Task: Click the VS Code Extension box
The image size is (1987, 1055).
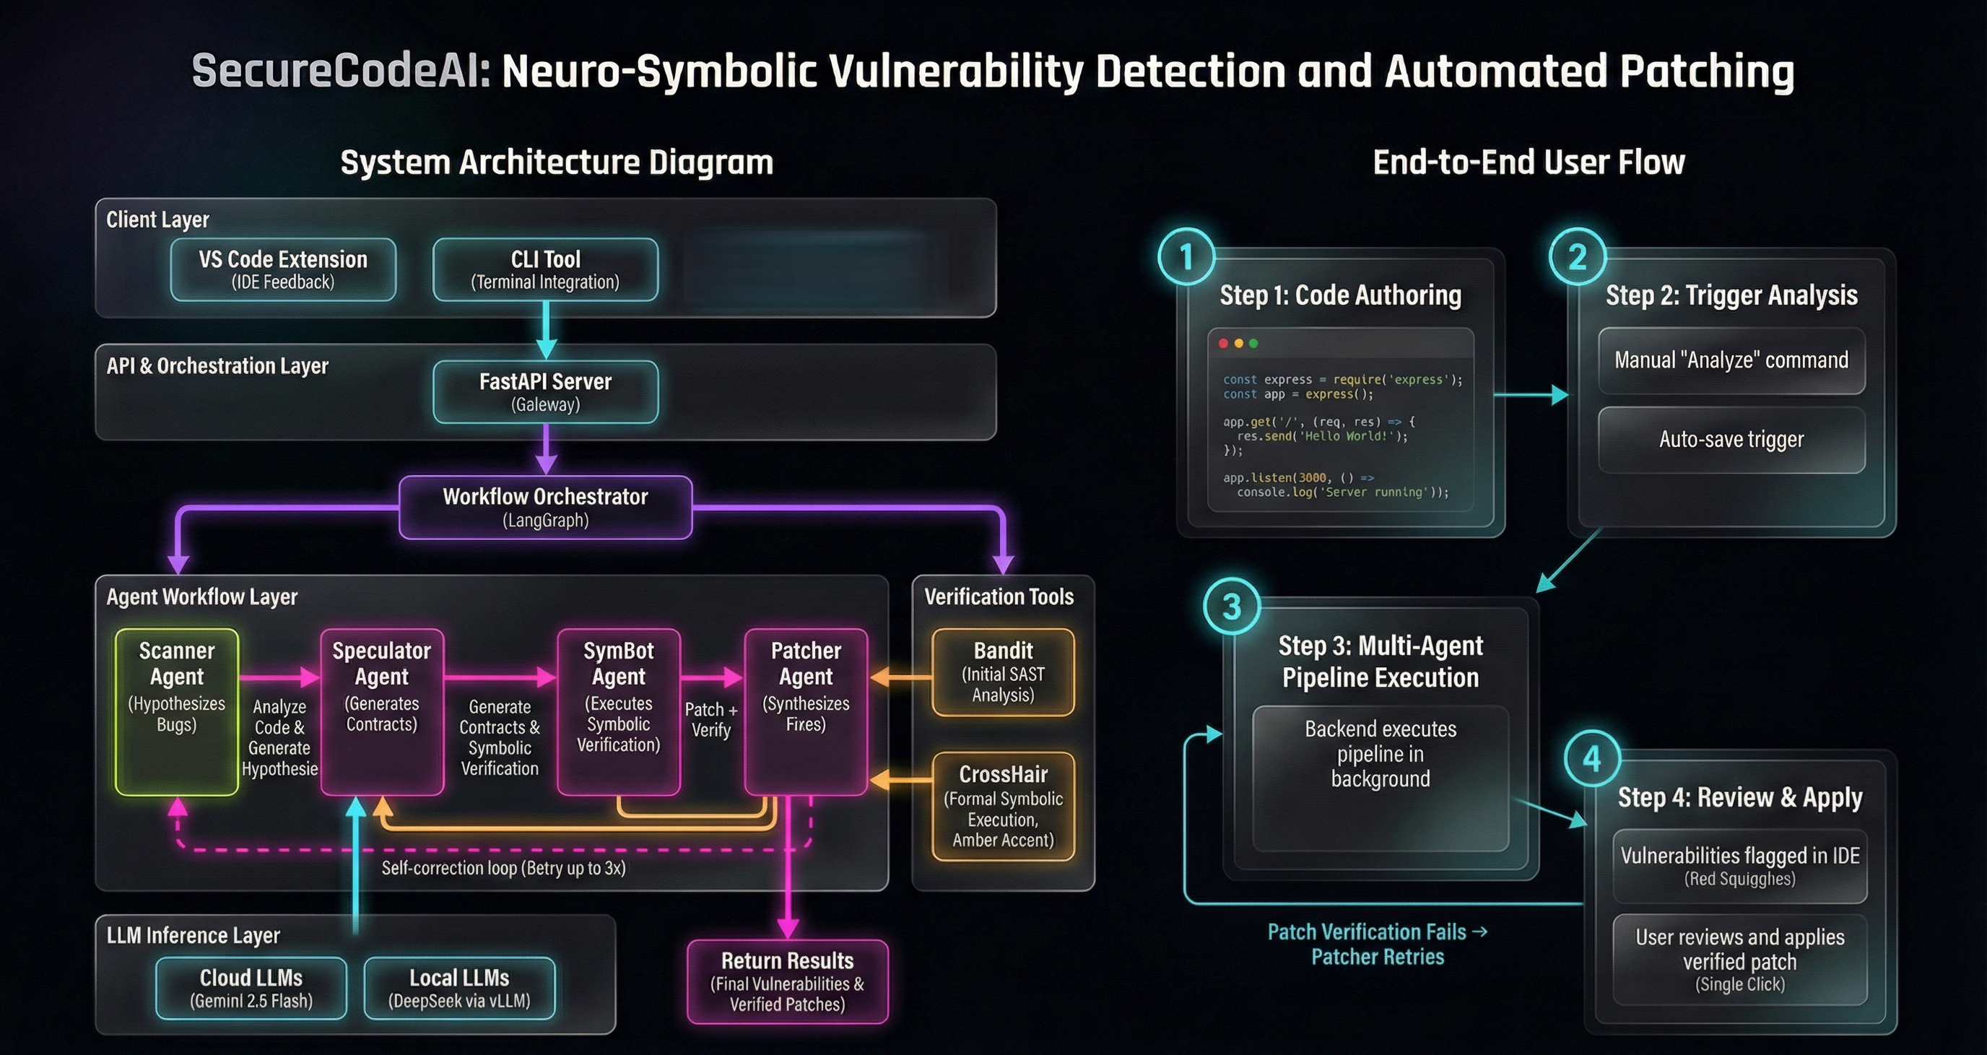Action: [x=283, y=269]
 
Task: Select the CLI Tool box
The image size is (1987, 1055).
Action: [x=545, y=269]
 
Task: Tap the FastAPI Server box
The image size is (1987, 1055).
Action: [x=545, y=392]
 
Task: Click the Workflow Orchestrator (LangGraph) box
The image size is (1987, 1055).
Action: [x=545, y=507]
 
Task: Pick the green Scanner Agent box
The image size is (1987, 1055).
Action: [x=177, y=711]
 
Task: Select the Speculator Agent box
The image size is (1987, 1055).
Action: [x=382, y=711]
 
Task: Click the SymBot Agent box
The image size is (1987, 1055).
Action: [x=619, y=711]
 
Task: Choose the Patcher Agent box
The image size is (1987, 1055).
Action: [x=806, y=711]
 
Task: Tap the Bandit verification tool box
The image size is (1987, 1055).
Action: [x=1003, y=672]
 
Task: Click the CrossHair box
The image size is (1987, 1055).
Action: [x=1003, y=806]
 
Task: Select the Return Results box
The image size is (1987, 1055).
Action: [x=788, y=981]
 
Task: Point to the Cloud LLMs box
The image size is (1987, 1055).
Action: [x=251, y=988]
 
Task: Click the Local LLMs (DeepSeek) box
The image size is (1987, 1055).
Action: [x=459, y=988]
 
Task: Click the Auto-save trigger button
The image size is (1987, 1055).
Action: [x=1731, y=440]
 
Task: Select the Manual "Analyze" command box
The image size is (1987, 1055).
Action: [x=1731, y=360]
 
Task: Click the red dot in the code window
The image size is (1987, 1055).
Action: [x=1223, y=343]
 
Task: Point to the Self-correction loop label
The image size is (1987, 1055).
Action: [x=503, y=869]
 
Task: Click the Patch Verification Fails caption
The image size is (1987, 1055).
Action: [x=1378, y=944]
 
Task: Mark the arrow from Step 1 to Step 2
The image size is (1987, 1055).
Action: [x=1531, y=395]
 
